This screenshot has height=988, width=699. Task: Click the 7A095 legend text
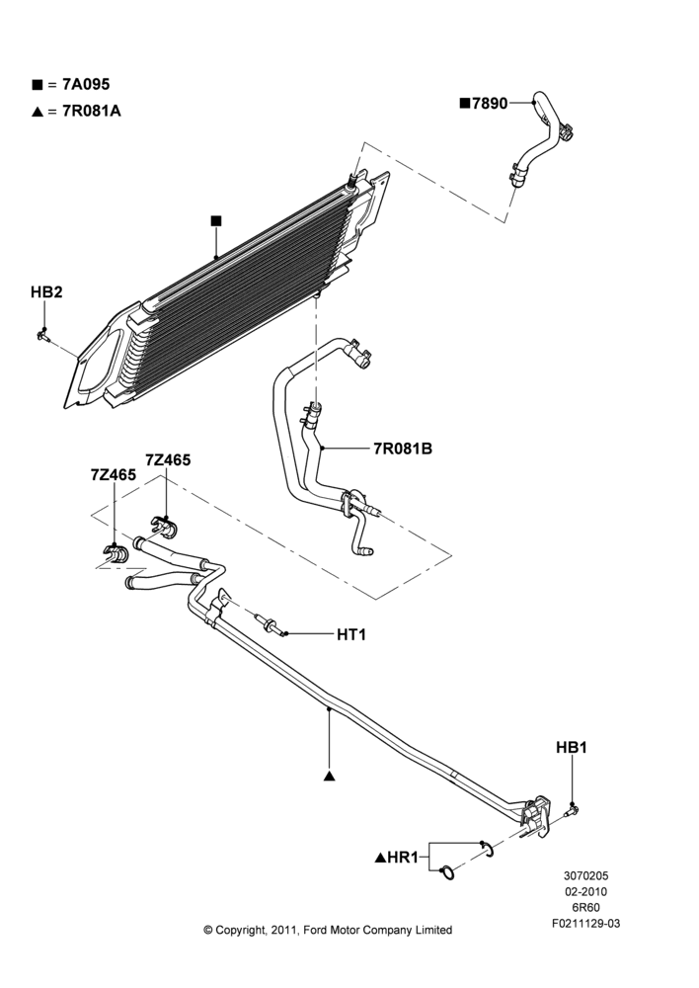click(86, 84)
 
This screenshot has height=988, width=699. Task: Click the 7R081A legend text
click(92, 112)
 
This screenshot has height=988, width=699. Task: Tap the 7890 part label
click(490, 104)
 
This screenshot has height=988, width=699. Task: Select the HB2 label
click(46, 292)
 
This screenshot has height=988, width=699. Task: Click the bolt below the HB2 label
click(42, 333)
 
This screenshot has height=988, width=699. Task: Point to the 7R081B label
click(403, 450)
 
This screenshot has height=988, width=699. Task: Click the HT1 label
click(351, 634)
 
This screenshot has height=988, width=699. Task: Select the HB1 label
click(572, 747)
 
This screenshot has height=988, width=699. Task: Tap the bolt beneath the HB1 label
click(572, 810)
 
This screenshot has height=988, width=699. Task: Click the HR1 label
click(403, 858)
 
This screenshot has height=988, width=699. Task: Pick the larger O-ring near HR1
click(446, 872)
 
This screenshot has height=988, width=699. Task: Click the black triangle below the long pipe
click(329, 776)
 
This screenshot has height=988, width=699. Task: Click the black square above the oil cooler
click(216, 220)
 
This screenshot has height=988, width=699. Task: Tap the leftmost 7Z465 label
click(114, 475)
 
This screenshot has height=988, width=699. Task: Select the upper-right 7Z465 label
click(168, 460)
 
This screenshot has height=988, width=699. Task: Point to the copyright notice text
click(328, 930)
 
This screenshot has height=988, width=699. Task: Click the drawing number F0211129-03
click(586, 924)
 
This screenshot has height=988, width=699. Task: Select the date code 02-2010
click(586, 891)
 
